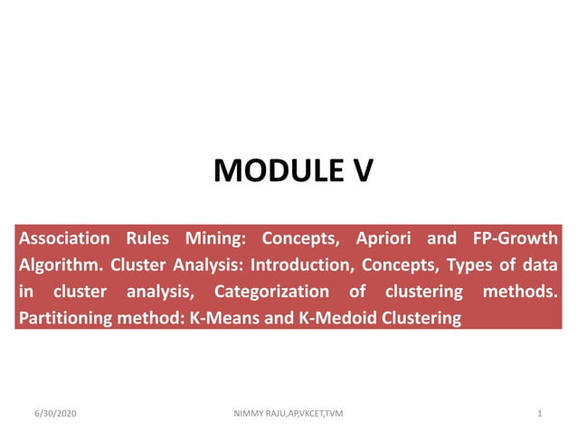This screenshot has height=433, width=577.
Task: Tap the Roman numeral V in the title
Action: click(x=360, y=169)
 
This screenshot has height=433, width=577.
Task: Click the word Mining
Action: click(x=216, y=239)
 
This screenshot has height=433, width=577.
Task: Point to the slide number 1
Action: click(x=539, y=414)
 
